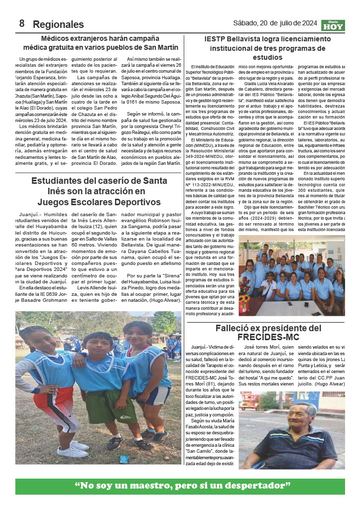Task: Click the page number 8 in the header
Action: click(22, 23)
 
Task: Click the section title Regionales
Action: click(58, 24)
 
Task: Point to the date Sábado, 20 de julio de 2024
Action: click(275, 23)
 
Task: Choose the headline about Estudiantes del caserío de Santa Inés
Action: click(100, 191)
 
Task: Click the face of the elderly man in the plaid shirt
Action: click(305, 414)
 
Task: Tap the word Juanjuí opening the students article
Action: click(28, 215)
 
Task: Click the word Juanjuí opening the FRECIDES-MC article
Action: click(201, 347)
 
